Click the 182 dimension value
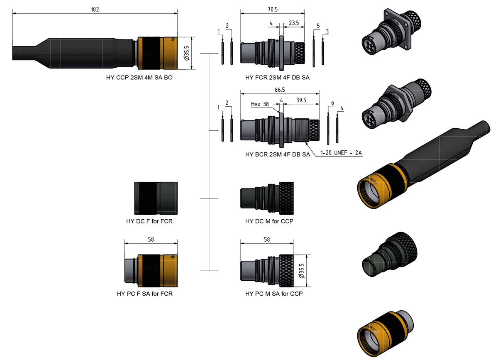(95, 10)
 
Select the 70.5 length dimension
(273, 10)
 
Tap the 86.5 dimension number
(280, 90)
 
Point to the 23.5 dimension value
(294, 23)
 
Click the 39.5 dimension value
(301, 100)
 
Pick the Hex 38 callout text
(260, 104)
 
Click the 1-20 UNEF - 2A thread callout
(341, 153)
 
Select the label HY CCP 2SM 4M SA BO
(139, 77)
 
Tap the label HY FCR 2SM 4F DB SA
(277, 77)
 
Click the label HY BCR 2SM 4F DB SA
(278, 154)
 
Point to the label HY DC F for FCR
(149, 221)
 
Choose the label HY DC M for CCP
(269, 221)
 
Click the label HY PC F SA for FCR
(145, 294)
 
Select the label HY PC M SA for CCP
(274, 294)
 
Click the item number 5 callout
(318, 26)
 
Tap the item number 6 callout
(332, 103)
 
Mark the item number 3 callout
(327, 32)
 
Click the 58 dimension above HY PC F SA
(151, 240)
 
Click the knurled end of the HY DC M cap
(286, 198)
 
